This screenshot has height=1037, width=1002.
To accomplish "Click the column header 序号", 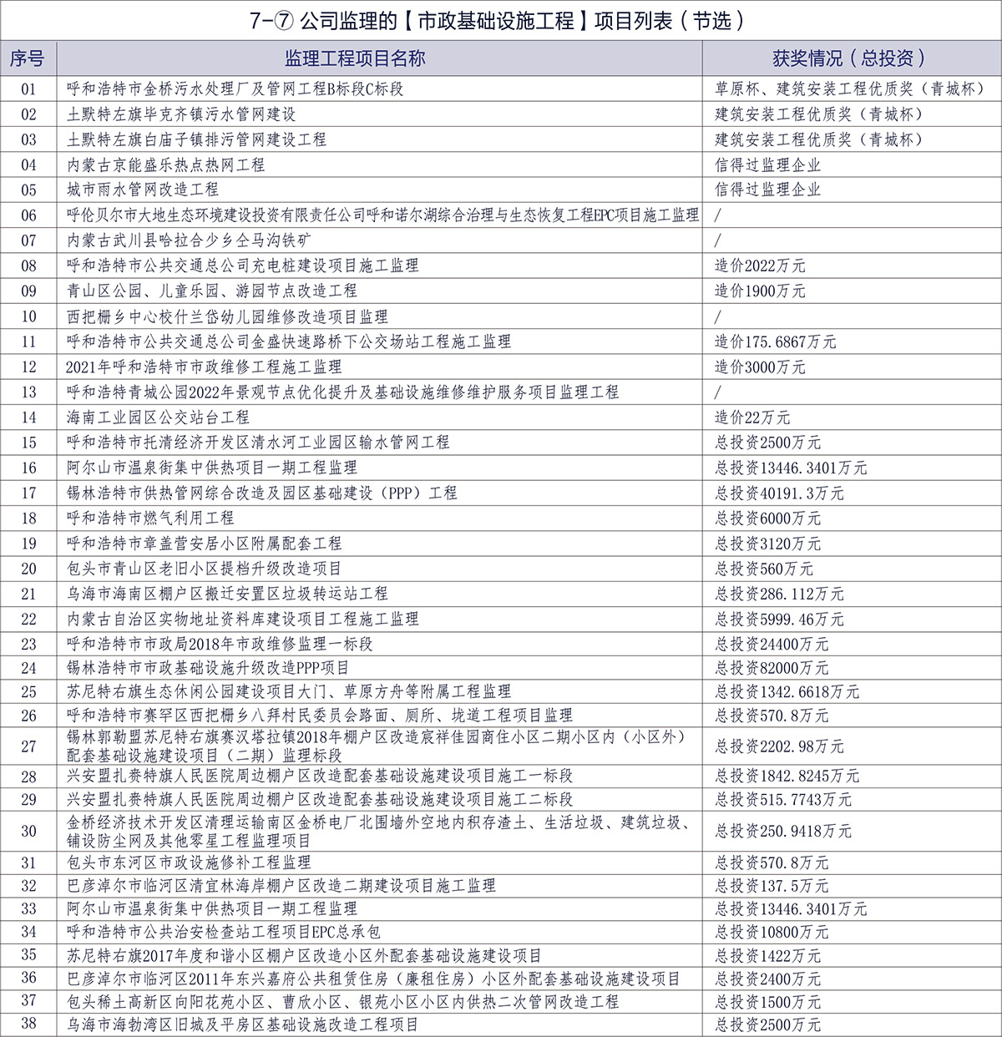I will point(28,58).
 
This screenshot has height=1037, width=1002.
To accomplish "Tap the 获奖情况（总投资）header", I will point(850,58).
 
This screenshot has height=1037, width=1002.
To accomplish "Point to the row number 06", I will point(28,215).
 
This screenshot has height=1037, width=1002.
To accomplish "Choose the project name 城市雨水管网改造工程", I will point(143,190).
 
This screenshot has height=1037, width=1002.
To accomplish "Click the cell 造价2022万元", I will point(760,266).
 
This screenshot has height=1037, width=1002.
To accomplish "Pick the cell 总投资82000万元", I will point(772,668).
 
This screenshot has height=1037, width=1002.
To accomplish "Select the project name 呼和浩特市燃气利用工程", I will point(150,518).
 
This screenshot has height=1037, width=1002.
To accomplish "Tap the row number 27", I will point(28,746).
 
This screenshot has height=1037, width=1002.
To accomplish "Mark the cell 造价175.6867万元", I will point(775,341).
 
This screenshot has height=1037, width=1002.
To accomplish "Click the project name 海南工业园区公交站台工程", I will point(158,417).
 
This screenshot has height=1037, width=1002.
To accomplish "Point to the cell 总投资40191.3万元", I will point(779,493).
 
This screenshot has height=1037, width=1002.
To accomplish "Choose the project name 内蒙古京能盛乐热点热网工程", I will point(165,164).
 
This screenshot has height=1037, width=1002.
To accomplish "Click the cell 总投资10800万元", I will point(772,932).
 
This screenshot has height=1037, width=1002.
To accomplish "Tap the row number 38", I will point(28,1024).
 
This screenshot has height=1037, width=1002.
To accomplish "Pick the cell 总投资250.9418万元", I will point(783,831).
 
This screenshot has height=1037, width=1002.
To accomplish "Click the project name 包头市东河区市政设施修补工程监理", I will point(189,862).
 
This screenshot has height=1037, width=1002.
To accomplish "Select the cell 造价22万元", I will point(752,417).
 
